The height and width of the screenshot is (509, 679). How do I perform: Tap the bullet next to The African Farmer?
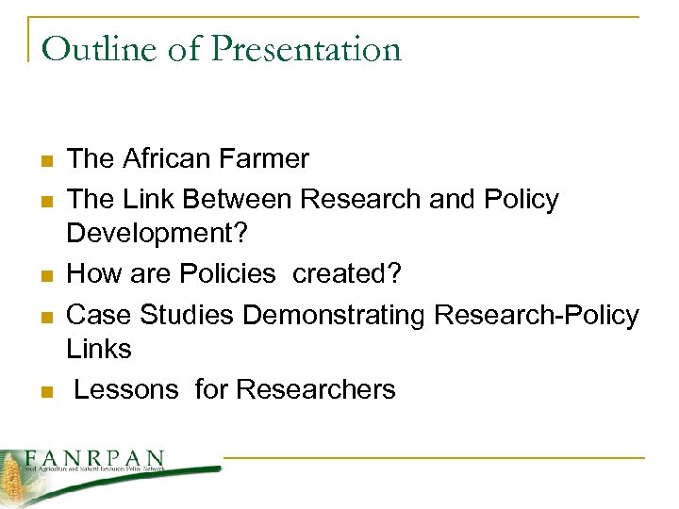(x=44, y=160)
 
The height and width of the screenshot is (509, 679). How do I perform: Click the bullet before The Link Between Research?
(x=44, y=201)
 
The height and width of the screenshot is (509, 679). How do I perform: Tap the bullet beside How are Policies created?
(x=44, y=275)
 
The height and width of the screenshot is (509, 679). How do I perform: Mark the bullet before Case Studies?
(x=44, y=315)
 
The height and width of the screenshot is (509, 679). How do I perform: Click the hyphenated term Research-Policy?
(x=536, y=314)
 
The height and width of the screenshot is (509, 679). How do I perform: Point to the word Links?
(x=99, y=350)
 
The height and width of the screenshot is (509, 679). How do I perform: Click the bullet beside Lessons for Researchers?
(x=44, y=391)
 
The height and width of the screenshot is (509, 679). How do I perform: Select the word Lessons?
(x=127, y=388)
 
